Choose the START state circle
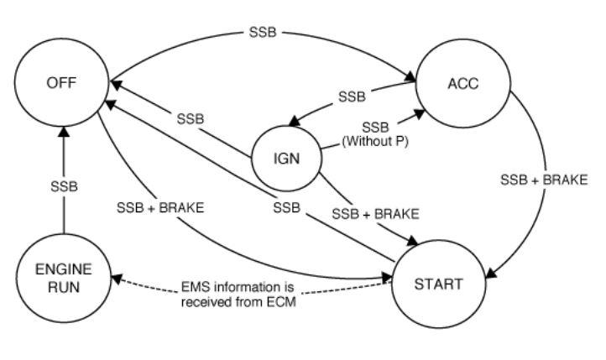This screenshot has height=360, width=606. [x=437, y=283]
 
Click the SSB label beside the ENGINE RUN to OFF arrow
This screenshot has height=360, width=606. [x=64, y=186]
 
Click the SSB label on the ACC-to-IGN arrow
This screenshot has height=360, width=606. [x=352, y=97]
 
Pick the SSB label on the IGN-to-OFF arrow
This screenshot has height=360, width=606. [x=190, y=118]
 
